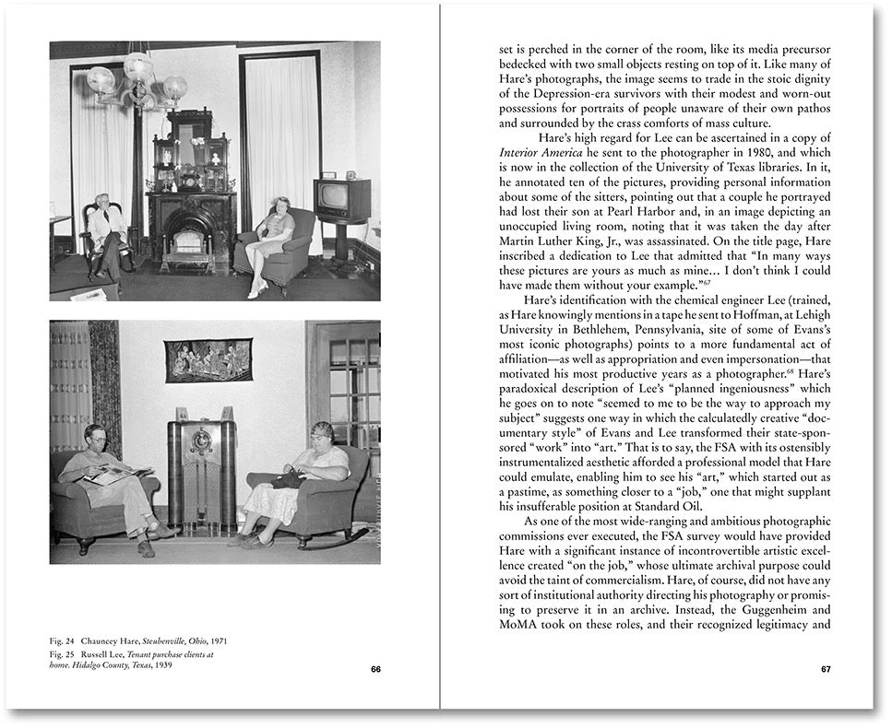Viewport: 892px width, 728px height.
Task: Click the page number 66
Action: (375, 669)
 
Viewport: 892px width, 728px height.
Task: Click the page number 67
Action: (826, 669)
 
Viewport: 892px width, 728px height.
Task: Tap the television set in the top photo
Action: (341, 199)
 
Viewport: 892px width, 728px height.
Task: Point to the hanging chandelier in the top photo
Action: (138, 78)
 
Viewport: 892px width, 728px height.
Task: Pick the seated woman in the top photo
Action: (272, 241)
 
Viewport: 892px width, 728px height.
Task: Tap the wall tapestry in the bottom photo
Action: (208, 358)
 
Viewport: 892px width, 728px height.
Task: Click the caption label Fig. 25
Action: (64, 654)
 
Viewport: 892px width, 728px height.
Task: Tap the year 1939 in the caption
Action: (162, 666)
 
